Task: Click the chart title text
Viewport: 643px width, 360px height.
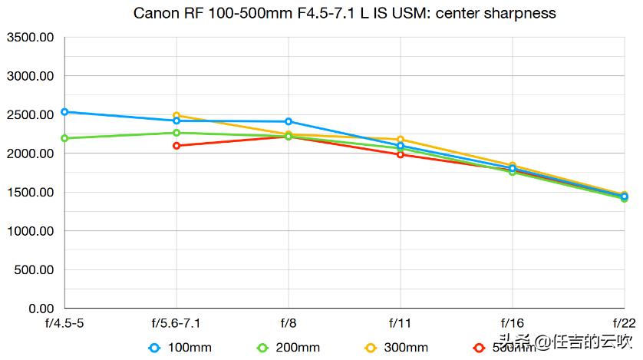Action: tap(345, 13)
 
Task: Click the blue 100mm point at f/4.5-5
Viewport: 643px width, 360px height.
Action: tap(65, 112)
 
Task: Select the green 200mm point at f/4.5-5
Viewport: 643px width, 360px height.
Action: tap(65, 138)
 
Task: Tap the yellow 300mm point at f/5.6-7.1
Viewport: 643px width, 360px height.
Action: tap(176, 116)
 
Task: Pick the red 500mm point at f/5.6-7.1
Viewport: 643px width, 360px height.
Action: tap(176, 146)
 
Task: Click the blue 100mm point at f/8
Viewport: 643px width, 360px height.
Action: tap(289, 121)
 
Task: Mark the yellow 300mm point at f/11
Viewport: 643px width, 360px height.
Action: tap(401, 140)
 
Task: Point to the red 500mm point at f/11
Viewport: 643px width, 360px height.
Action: tap(401, 154)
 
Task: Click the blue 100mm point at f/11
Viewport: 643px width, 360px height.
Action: tap(401, 146)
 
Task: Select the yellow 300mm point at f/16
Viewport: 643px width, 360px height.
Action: tap(513, 166)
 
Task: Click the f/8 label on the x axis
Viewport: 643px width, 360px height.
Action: tap(289, 323)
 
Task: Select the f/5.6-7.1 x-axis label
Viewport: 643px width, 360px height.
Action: tap(176, 323)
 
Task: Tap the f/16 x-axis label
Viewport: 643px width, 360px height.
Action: tap(513, 323)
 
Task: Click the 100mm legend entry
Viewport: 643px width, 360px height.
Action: tap(180, 348)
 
